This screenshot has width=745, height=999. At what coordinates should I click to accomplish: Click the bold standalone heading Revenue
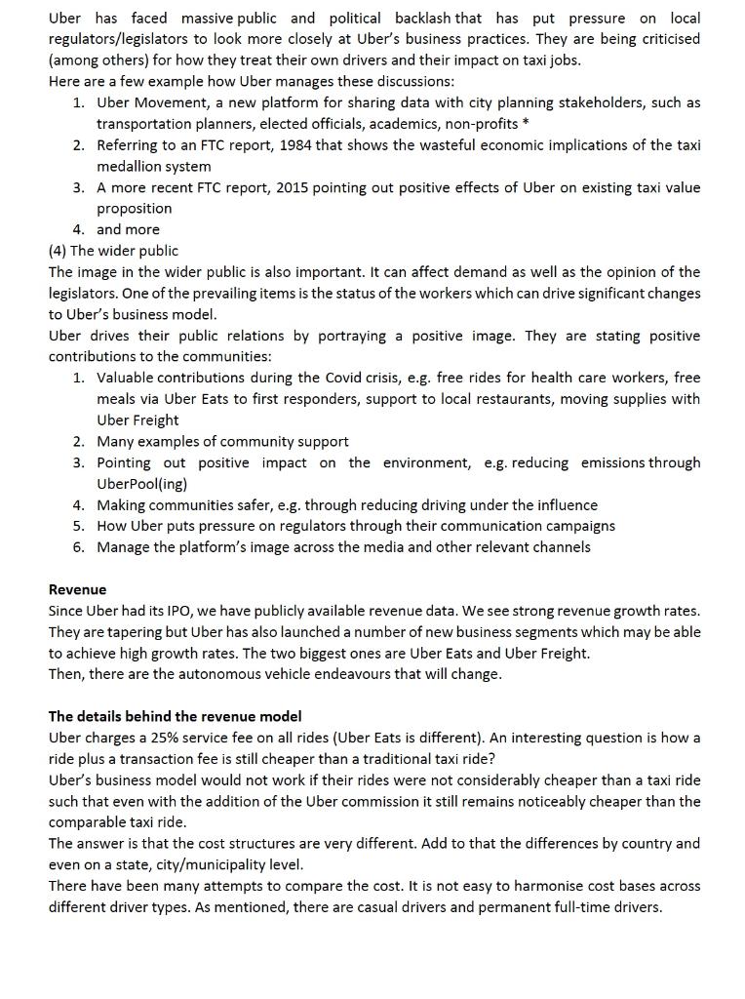77,589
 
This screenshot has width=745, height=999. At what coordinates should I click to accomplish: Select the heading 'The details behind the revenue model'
175,716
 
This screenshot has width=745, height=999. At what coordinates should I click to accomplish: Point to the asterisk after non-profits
527,124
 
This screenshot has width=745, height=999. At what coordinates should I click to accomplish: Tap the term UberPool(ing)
141,484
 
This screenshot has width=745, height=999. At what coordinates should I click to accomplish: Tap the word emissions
614,462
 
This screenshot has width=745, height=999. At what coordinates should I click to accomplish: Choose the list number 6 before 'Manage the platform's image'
77,547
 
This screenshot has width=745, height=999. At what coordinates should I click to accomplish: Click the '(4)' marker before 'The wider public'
58,251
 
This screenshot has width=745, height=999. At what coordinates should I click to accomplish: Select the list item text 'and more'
128,229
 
